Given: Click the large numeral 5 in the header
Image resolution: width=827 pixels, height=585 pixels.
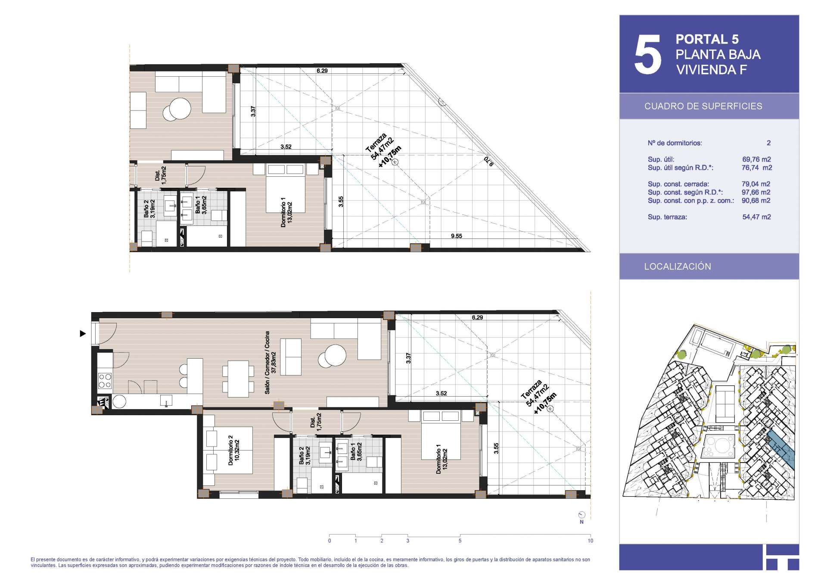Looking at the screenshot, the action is point(647,54).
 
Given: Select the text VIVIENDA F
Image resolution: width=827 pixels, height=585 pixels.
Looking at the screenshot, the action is point(712,69).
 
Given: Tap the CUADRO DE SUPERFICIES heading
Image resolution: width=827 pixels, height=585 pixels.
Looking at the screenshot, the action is point(703,106).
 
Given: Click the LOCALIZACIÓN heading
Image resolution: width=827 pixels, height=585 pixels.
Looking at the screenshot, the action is point(678,266).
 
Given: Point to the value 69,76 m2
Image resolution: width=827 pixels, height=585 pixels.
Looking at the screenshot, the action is point(756,160).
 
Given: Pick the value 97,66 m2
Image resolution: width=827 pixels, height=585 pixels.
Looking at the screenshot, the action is point(756,192).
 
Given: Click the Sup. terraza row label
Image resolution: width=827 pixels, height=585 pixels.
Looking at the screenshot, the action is point(667,217).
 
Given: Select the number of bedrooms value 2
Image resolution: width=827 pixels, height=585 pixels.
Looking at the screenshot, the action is point(768,143).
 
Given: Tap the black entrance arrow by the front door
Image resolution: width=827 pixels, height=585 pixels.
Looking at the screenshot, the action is point(83,333).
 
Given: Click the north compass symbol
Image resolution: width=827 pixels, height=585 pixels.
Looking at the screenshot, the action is point(582,515).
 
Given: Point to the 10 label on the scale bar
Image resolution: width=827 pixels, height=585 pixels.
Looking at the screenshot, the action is point(590,541).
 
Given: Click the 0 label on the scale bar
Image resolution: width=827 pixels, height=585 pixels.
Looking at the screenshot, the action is point(330,541).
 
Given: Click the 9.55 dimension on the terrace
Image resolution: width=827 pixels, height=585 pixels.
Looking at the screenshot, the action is point(456,236).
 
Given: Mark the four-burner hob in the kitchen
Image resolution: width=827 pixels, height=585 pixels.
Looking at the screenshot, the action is point(105,381).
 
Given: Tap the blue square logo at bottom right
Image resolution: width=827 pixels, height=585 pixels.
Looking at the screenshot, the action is point(782,557).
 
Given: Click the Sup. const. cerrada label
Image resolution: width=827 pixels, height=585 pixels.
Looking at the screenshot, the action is point(678,184).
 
